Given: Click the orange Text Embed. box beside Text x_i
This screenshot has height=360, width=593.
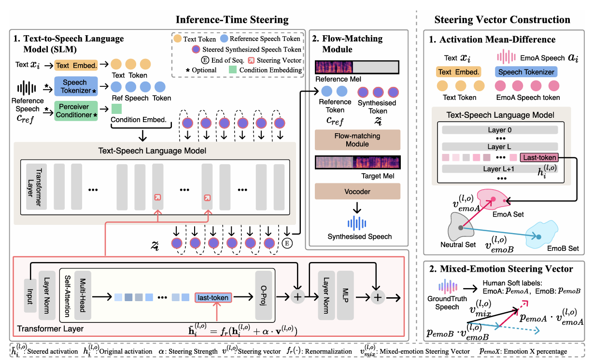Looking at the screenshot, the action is [76, 65].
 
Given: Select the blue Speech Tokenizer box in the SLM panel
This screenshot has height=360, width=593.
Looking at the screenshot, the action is [76, 86].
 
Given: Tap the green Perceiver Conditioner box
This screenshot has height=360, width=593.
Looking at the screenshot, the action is [76, 111].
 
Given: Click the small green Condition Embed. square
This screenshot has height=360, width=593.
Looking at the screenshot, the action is [116, 109].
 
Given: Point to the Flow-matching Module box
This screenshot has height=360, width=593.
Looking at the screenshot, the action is [357, 140].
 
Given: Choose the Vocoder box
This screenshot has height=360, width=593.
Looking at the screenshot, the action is [357, 191].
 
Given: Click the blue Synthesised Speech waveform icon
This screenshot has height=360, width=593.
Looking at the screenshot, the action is [357, 223].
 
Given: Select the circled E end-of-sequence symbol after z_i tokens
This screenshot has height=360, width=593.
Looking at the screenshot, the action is [287, 243].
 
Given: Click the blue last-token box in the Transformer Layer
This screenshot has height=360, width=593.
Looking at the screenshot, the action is [213, 298].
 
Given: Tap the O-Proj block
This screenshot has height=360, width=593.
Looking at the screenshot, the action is [264, 295].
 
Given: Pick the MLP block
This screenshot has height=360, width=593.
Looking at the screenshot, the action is [345, 295].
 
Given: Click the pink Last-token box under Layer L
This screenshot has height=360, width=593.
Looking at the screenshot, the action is [539, 157].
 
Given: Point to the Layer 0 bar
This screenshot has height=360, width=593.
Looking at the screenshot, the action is [500, 130].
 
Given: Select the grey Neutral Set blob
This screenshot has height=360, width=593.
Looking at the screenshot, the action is [460, 227].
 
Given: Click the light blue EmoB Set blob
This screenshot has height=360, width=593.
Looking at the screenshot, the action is [541, 235].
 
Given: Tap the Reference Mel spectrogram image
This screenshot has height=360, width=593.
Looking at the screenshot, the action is [357, 67].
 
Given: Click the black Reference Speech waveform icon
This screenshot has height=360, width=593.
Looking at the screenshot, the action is [27, 88].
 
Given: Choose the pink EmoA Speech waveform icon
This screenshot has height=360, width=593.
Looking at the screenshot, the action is [506, 56].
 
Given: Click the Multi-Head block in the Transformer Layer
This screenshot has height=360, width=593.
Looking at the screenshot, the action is [83, 295].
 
